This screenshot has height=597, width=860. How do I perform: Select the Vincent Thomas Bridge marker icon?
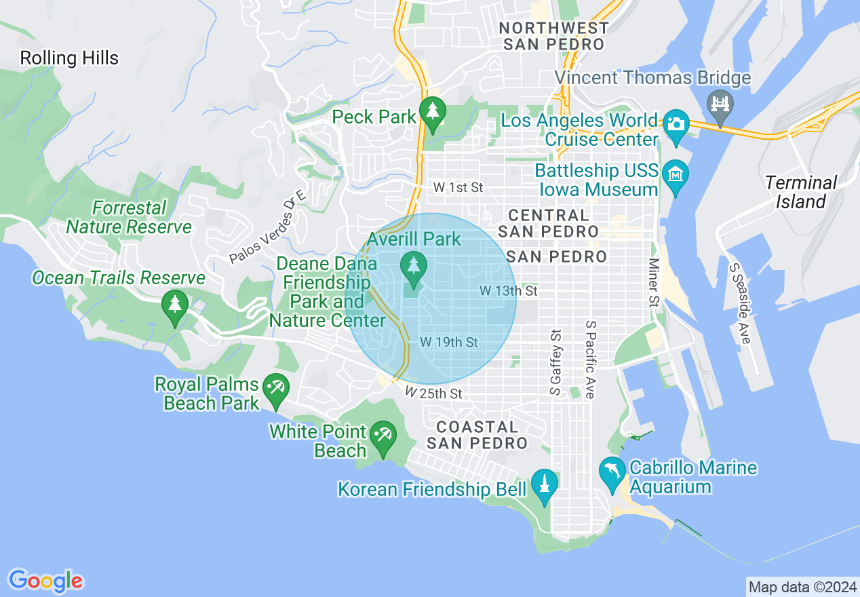coord(720,104)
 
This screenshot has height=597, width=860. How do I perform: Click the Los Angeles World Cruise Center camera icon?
coord(676,125)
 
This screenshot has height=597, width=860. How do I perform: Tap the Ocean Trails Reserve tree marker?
coord(176,306)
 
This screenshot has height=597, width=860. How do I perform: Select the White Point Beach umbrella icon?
coord(383,436)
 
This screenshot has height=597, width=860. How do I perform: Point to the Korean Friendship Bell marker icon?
coord(544,485)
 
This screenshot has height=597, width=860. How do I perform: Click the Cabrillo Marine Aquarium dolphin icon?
coord(612,472)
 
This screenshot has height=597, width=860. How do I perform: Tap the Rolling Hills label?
coord(69,58)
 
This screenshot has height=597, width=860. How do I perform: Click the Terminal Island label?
coord(801,192)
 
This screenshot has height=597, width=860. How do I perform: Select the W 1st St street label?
coord(458,188)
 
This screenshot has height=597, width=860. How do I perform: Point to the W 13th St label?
coord(509,291)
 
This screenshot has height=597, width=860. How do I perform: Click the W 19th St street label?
coord(449,343)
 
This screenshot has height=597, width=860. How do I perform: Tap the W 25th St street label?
coord(433,393)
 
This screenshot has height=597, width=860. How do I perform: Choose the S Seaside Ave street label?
coord(740,303)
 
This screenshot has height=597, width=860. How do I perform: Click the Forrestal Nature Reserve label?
coord(129,217)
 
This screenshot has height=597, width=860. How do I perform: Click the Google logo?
coord(45,581)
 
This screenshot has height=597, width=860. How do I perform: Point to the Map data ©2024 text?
coord(801,586)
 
